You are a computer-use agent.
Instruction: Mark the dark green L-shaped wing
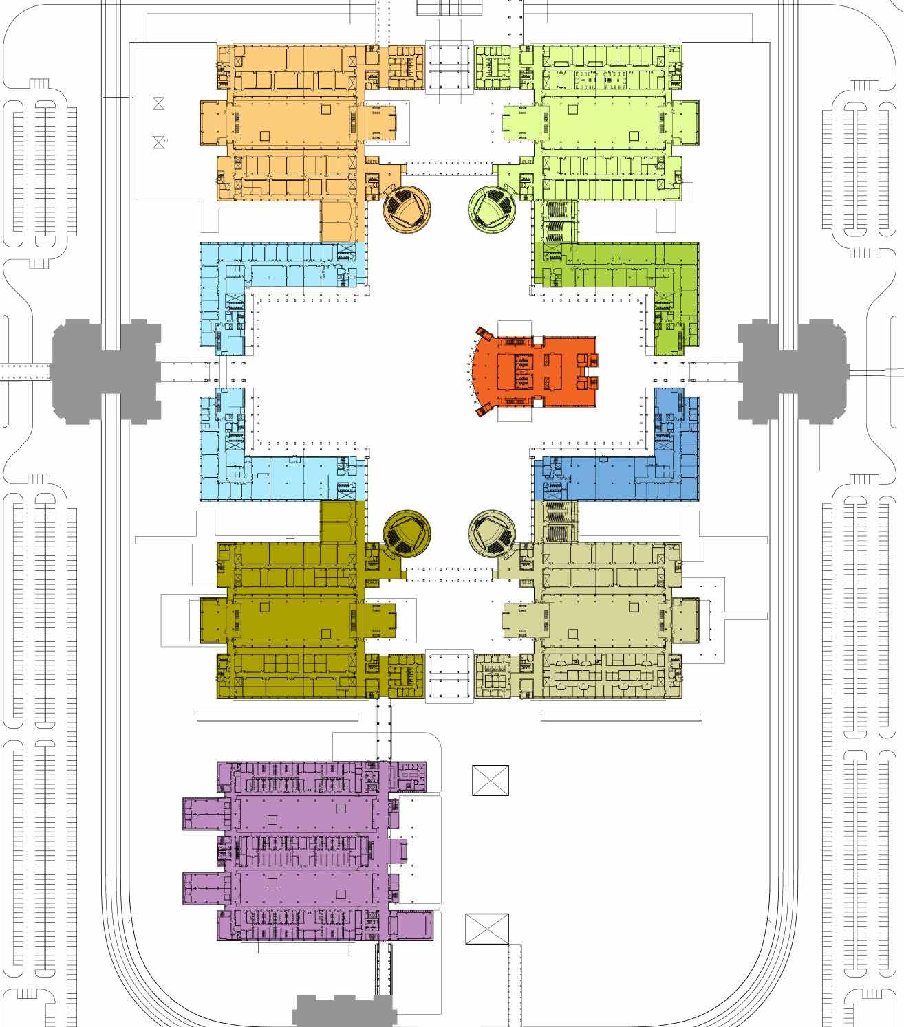(x=619, y=265)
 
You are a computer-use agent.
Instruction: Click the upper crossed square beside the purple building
(x=491, y=780)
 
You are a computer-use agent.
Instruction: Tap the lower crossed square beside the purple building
(x=487, y=931)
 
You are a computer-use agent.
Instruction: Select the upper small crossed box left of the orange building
(x=160, y=104)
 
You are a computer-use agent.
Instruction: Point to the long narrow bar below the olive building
(x=277, y=718)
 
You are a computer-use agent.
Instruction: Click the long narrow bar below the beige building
(x=621, y=718)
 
